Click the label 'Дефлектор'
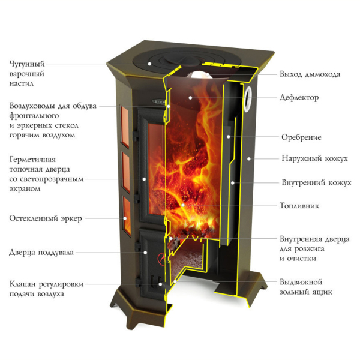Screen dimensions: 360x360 tap(299, 98)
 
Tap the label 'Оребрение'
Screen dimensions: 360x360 tap(301, 137)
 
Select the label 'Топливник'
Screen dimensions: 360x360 tap(299, 205)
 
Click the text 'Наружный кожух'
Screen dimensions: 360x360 tap(314, 158)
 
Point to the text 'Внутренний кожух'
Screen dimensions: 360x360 tap(316, 182)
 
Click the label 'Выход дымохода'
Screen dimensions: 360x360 tap(310, 74)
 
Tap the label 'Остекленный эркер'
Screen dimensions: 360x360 tap(46, 218)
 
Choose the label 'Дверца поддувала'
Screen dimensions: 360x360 tap(41, 253)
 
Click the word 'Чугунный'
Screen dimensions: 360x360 tap(27, 64)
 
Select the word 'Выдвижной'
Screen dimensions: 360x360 tap(301, 282)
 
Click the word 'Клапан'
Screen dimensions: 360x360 tap(23, 284)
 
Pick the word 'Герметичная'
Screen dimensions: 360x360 tap(32, 160)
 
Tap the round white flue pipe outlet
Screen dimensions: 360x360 tap(248, 99)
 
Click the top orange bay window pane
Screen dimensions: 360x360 tap(125, 127)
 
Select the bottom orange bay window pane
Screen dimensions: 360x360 tap(127, 215)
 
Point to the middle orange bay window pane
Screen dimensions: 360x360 tap(126, 172)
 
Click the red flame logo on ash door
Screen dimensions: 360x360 tap(161, 259)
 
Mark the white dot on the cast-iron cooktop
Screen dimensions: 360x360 tap(149, 64)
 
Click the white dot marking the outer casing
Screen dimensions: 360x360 tap(249, 158)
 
